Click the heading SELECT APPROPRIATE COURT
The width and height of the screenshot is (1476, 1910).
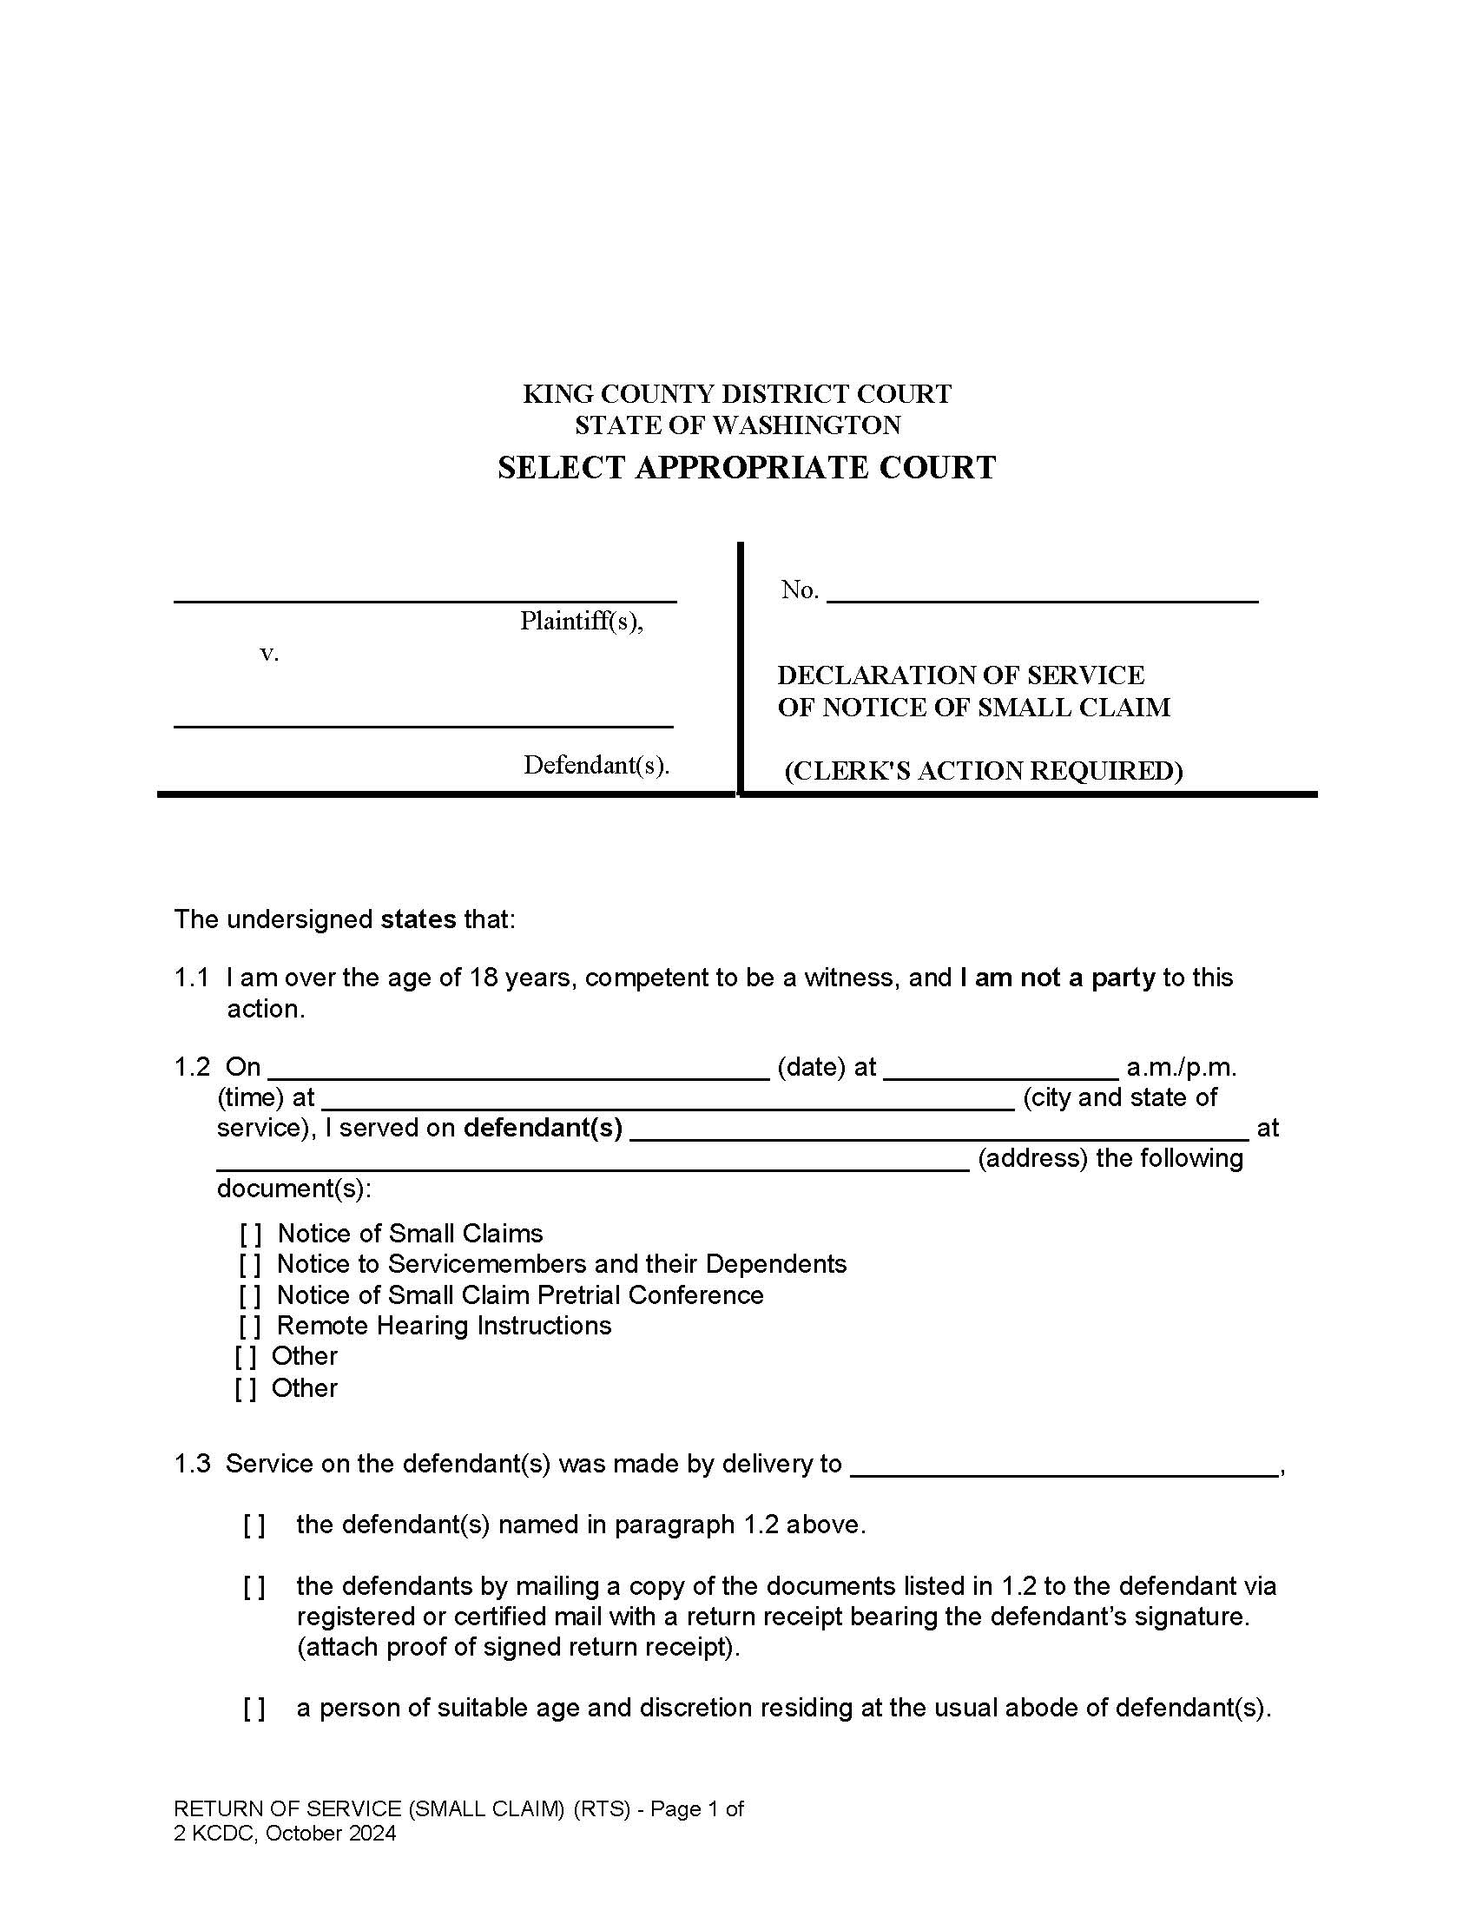pos(746,467)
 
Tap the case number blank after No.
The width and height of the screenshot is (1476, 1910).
pos(1041,593)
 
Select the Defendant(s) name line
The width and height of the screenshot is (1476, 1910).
pos(423,716)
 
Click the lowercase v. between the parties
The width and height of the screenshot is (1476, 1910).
pos(269,653)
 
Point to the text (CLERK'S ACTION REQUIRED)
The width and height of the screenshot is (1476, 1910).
pos(983,770)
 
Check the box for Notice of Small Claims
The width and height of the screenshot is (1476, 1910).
pos(250,1234)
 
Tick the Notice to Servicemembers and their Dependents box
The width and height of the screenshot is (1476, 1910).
pos(250,1265)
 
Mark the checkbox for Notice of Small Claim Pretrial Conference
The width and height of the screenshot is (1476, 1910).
pos(250,1295)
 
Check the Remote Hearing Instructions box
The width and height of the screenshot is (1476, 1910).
pos(250,1326)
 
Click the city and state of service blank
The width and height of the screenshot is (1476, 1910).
pos(668,1100)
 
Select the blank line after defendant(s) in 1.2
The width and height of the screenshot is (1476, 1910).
pos(939,1130)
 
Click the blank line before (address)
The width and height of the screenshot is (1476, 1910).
pos(593,1161)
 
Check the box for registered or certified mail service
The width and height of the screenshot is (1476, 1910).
pos(254,1586)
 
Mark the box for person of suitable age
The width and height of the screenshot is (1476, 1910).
pos(254,1708)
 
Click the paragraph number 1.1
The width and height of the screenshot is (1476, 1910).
pos(192,978)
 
